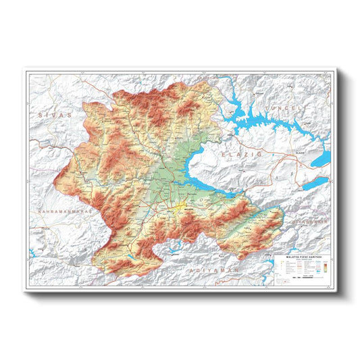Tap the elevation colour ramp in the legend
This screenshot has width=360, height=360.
pos(322,266)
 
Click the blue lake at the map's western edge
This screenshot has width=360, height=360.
pos(32,254)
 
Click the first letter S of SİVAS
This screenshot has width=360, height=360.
pos(41,115)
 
